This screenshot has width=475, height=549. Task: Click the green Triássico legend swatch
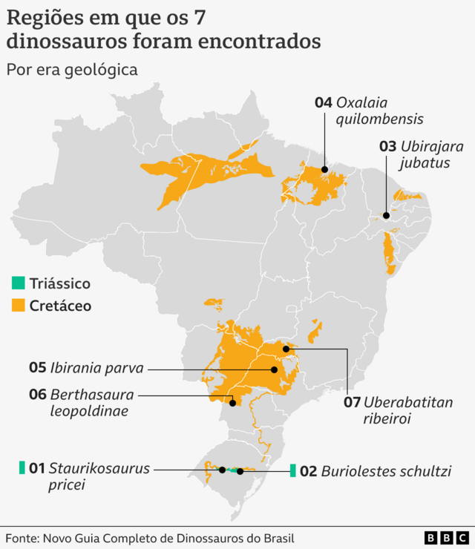tap(18, 283)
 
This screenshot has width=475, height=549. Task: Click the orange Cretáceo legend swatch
tap(18, 305)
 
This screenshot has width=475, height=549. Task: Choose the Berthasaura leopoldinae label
tap(82, 402)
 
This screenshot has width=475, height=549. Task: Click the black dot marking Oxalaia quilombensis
tap(325, 169)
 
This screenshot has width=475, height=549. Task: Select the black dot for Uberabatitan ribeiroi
tap(286, 348)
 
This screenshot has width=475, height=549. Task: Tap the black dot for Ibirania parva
tap(274, 369)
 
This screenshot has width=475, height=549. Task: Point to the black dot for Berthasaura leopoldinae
tap(233, 403)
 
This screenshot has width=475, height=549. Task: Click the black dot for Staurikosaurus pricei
tap(222, 470)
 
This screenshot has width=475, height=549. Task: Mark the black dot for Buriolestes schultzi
tap(240, 471)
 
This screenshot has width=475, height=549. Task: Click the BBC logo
tap(446, 537)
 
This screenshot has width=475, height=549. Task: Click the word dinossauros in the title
tap(71, 41)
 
